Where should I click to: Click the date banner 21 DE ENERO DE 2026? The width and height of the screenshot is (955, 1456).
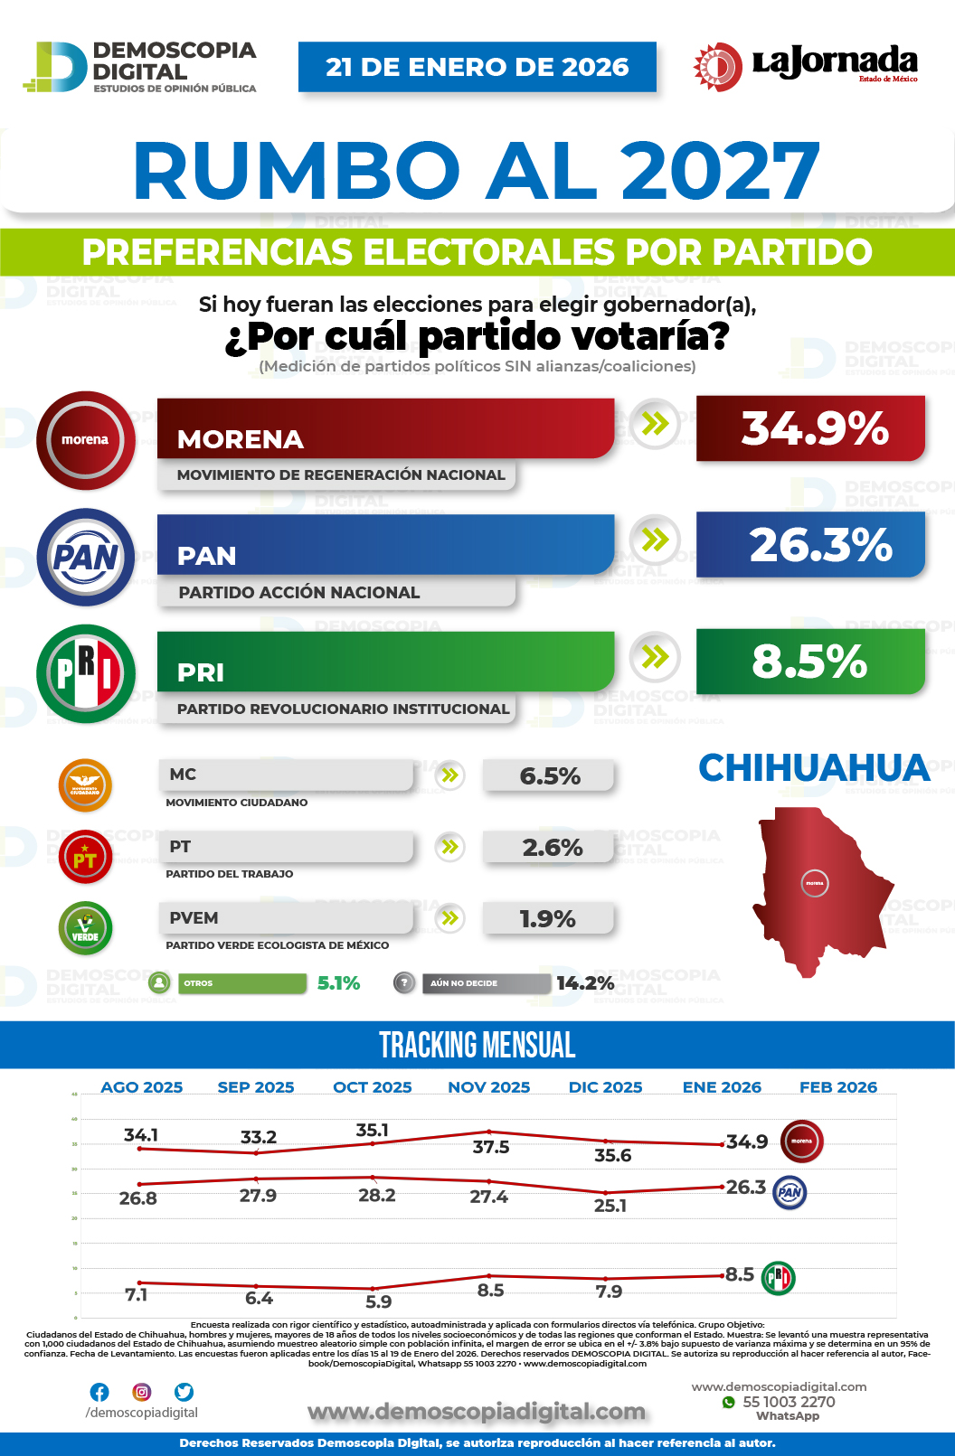pyautogui.click(x=477, y=67)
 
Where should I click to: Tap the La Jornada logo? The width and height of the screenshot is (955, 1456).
pyautogui.click(x=805, y=66)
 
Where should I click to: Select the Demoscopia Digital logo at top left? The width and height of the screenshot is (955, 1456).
pyautogui.click(x=140, y=67)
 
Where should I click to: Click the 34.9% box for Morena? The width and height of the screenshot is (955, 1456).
pyautogui.click(x=810, y=428)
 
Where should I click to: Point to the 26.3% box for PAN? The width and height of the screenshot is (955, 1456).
pyautogui.click(x=810, y=545)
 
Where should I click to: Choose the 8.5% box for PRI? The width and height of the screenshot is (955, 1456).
pyautogui.click(x=810, y=662)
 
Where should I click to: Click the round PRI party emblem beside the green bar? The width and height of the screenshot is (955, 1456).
pyautogui.click(x=86, y=673)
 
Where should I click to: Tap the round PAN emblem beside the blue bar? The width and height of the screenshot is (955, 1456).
pyautogui.click(x=86, y=558)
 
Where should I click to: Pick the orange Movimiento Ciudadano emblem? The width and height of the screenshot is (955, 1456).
pyautogui.click(x=85, y=784)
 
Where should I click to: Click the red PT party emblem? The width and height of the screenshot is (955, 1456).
pyautogui.click(x=85, y=857)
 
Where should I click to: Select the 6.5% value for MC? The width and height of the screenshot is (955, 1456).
pyautogui.click(x=549, y=776)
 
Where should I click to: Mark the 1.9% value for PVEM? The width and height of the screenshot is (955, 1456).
pyautogui.click(x=548, y=919)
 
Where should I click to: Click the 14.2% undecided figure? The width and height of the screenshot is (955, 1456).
pyautogui.click(x=585, y=983)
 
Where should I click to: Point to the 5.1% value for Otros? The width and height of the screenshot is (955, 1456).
pyautogui.click(x=338, y=983)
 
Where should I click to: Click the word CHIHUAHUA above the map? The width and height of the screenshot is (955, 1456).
pyautogui.click(x=814, y=768)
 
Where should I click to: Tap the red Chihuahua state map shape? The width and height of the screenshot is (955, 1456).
pyautogui.click(x=818, y=890)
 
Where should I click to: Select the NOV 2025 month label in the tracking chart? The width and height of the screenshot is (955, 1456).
pyautogui.click(x=489, y=1087)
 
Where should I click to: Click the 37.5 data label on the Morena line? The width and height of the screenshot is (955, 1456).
pyautogui.click(x=491, y=1147)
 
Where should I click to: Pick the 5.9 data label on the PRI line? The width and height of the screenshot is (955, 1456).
pyautogui.click(x=379, y=1301)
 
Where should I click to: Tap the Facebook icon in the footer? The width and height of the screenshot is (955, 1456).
pyautogui.click(x=99, y=1392)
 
